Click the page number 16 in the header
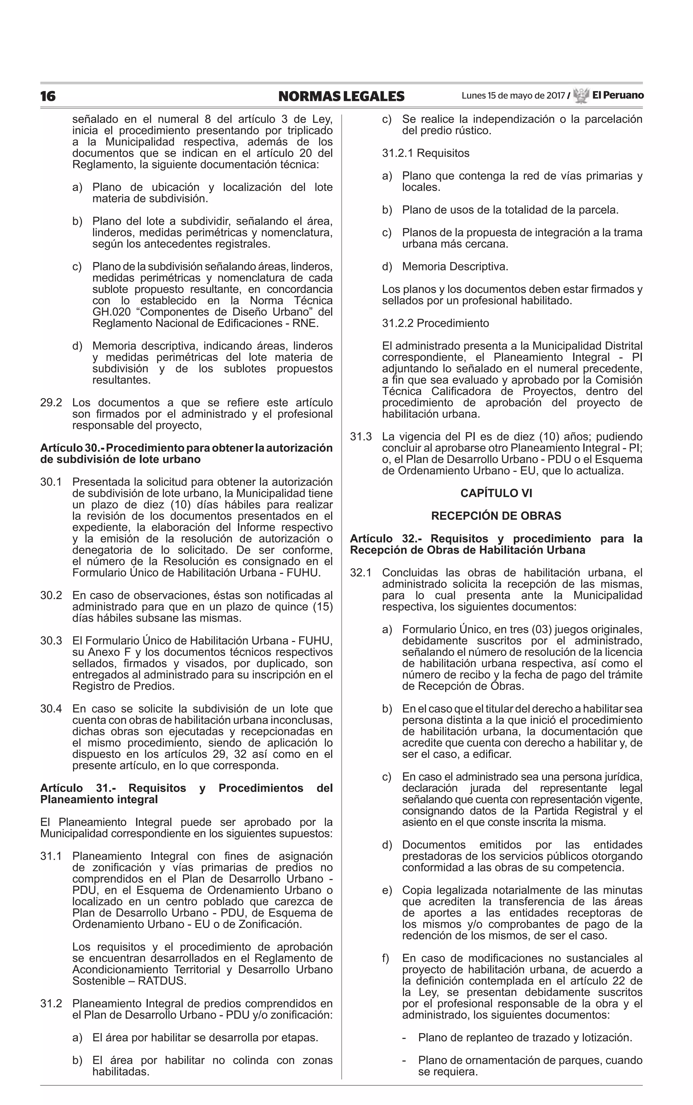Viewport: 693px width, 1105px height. point(48,96)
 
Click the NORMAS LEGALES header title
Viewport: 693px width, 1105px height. point(341,96)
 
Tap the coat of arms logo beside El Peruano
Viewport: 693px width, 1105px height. point(581,95)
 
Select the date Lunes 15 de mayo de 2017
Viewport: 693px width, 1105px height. point(513,96)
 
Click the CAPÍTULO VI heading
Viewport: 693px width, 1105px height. point(496,493)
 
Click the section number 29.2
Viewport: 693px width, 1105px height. point(51,403)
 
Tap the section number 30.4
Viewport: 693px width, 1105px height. point(51,709)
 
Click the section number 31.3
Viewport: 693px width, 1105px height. point(361,437)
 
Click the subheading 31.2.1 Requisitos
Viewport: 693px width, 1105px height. point(426,153)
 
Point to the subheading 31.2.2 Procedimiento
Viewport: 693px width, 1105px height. point(435,323)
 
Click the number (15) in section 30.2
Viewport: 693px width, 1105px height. point(322,607)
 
